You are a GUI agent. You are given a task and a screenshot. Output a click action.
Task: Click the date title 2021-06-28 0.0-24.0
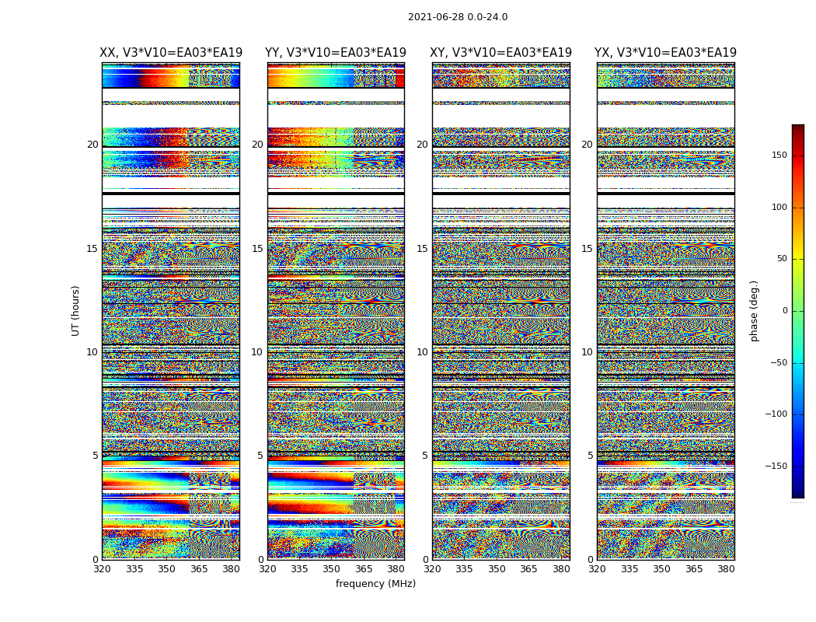click(458, 17)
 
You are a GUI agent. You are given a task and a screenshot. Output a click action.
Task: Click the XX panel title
click(171, 53)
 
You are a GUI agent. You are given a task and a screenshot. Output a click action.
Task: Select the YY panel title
click(336, 53)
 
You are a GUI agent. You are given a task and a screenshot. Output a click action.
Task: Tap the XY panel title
click(501, 53)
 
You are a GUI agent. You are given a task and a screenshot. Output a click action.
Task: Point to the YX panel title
click(665, 53)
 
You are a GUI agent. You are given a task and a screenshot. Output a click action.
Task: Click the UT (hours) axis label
click(76, 310)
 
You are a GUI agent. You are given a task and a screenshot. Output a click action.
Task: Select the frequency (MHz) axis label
click(375, 584)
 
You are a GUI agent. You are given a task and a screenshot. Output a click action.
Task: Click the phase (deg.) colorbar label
click(754, 311)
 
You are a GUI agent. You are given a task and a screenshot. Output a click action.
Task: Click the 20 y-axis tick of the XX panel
click(92, 145)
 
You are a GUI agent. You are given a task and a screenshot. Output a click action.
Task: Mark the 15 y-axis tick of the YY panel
click(257, 249)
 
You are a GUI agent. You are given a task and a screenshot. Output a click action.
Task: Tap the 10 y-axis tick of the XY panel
click(422, 352)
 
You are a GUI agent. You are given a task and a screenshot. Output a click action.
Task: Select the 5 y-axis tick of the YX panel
click(590, 456)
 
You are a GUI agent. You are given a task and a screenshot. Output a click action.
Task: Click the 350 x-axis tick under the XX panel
click(166, 568)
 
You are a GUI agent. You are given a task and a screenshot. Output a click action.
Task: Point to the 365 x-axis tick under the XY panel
click(528, 568)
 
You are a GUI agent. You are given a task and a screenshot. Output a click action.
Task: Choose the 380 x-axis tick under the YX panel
click(726, 568)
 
